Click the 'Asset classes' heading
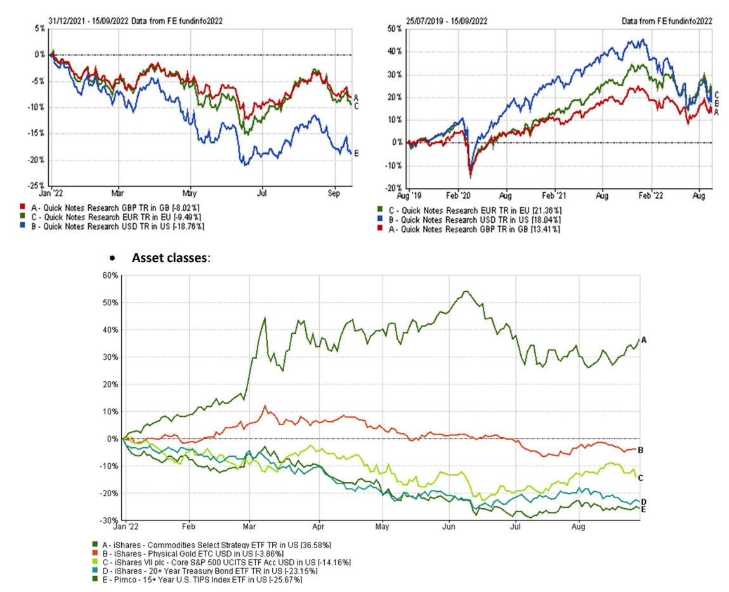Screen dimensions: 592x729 point(169,258)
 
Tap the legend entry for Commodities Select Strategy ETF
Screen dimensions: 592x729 point(216,544)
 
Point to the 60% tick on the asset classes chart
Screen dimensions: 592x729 point(110,275)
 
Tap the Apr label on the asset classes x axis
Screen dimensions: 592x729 point(319,526)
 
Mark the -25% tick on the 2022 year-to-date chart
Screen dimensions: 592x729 point(36,186)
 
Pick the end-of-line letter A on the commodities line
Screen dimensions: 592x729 point(643,340)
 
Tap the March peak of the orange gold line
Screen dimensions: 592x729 point(265,405)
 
